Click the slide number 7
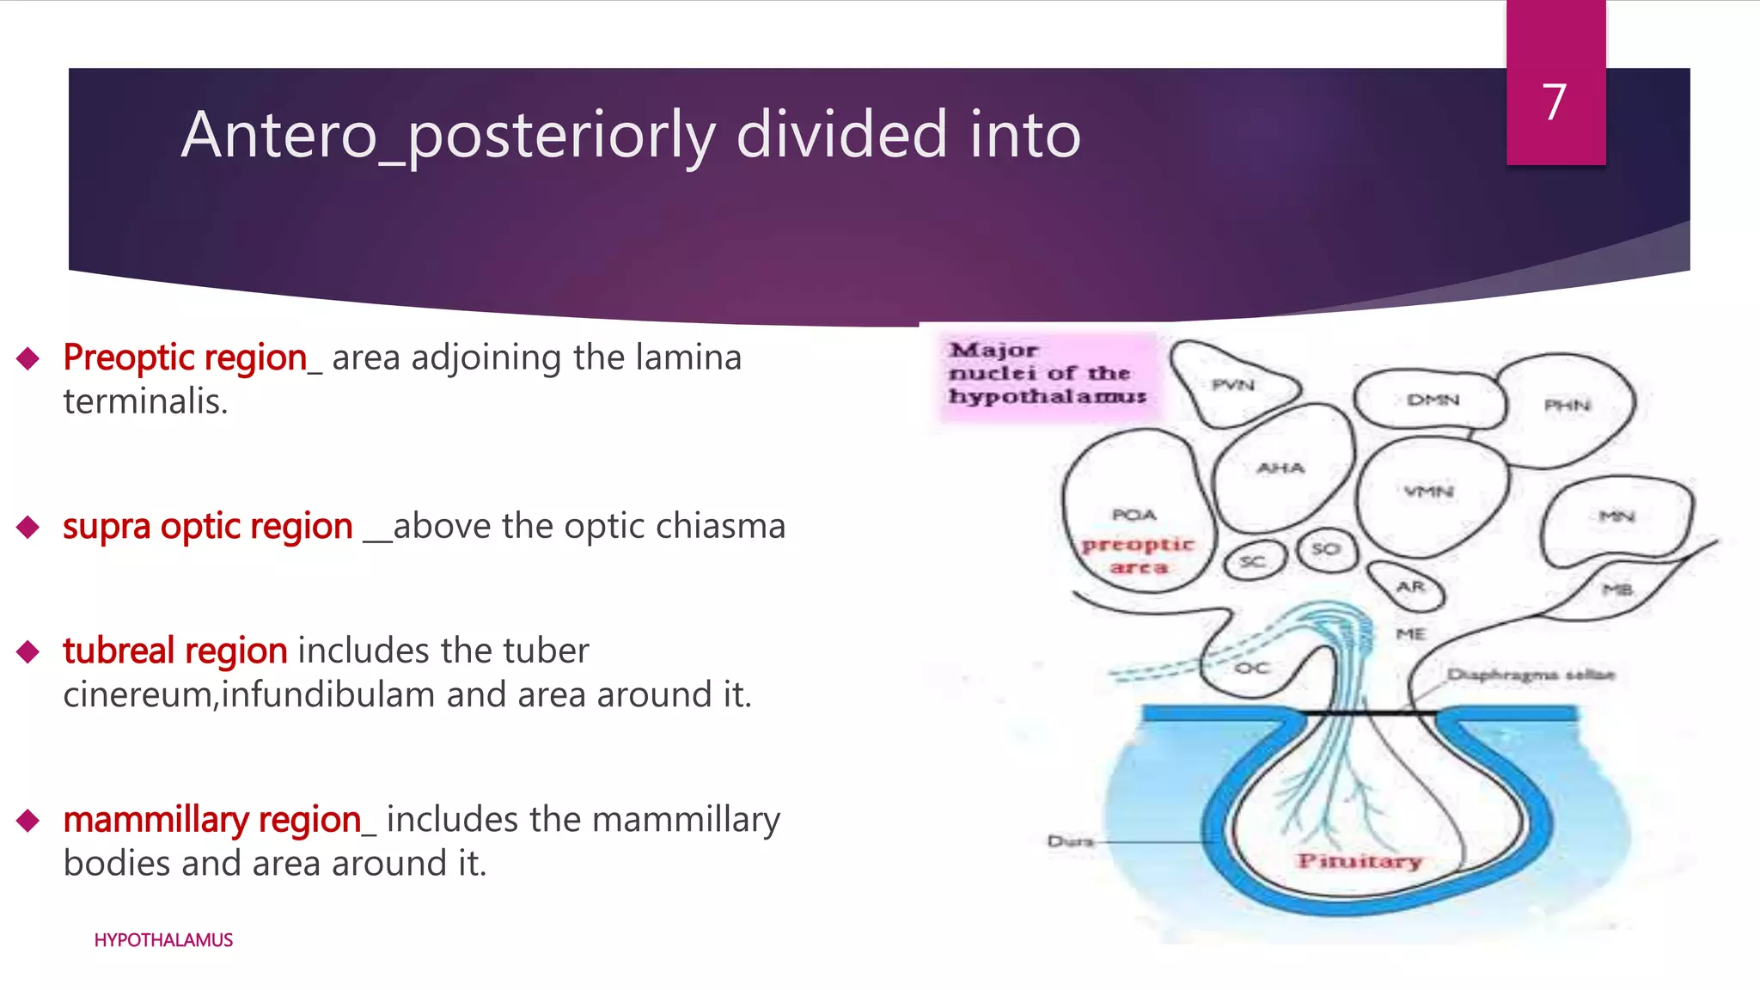pos(1554,102)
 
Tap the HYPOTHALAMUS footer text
pos(163,940)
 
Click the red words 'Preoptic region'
pos(185,357)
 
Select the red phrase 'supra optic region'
pos(207,526)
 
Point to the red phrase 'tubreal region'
pos(174,651)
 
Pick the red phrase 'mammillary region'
pos(211,820)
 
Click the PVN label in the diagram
pos(1233,385)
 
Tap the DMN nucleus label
pos(1433,400)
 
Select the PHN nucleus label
pos(1567,405)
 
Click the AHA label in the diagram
pos(1280,468)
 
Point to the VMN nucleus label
pos(1428,492)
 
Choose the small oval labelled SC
pos(1253,562)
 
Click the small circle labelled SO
pos(1326,548)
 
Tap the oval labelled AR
pos(1409,586)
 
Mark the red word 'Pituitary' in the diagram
pos(1360,861)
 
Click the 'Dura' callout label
pos(1070,840)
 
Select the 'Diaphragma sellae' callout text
pos(1531,675)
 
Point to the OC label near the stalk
pos(1251,668)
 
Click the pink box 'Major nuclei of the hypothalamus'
pos(1048,374)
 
